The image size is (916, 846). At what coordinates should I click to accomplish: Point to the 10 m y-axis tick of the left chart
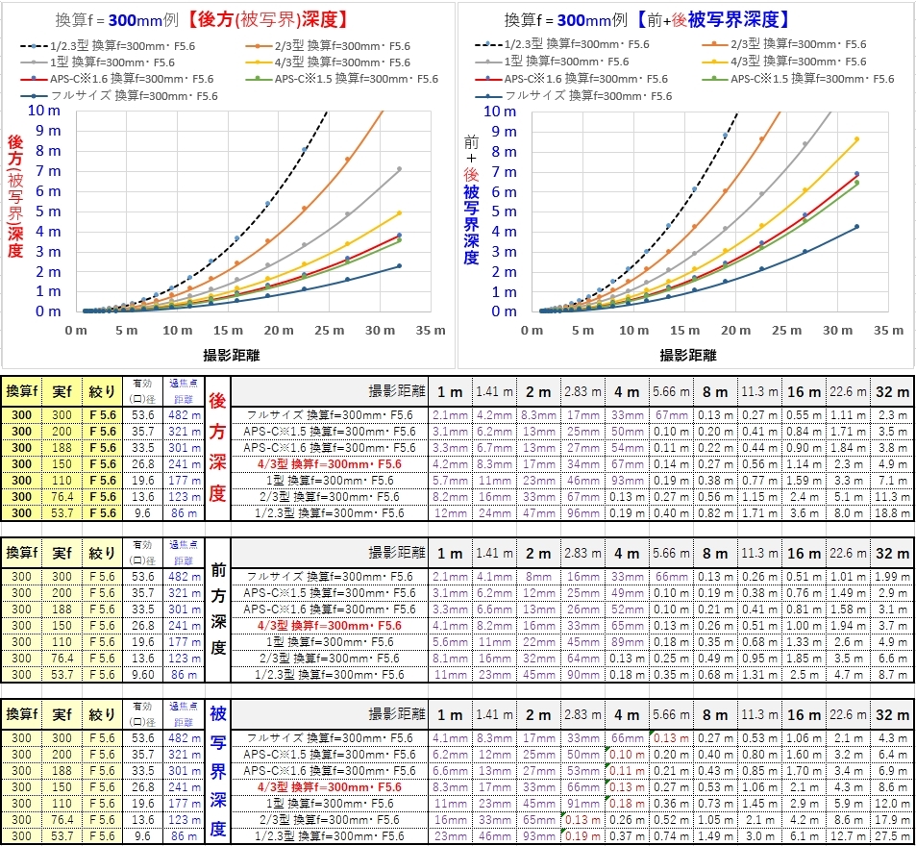pos(43,111)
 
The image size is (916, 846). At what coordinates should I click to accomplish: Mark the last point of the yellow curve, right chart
pos(856,139)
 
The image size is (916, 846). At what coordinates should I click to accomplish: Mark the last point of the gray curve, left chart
pos(399,169)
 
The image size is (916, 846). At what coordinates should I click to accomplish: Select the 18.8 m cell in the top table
pos(891,513)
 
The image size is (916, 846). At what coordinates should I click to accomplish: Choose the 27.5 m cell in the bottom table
pos(891,836)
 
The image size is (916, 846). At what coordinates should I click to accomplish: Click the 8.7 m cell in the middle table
pos(891,675)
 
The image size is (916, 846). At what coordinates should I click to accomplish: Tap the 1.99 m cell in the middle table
pos(891,576)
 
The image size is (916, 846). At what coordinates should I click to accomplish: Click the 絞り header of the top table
pos(102,391)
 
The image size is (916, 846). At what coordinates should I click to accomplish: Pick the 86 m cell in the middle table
pos(182,675)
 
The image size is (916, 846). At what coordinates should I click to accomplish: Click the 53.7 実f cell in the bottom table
pos(62,836)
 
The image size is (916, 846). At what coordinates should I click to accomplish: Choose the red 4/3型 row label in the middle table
pos(327,625)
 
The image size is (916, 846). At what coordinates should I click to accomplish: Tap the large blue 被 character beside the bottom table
pos(218,716)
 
